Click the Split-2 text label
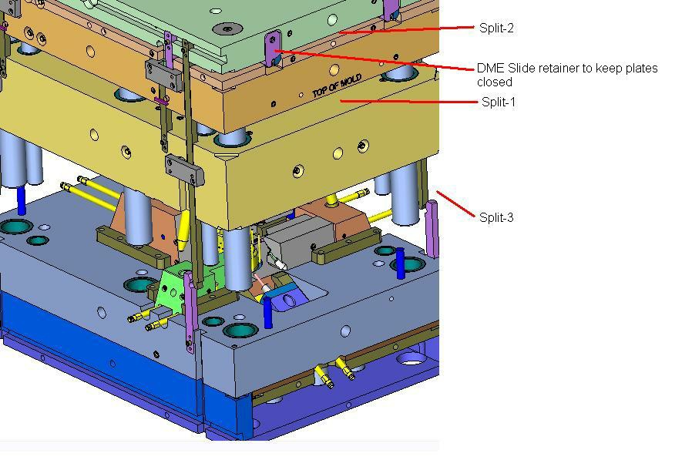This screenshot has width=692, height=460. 495,29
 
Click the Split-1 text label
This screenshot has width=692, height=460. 498,102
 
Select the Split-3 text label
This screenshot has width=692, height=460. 496,217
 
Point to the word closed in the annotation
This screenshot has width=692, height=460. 495,82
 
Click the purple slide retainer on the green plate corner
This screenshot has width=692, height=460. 272,49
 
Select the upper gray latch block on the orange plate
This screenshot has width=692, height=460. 163,74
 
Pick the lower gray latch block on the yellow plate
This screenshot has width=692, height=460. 184,169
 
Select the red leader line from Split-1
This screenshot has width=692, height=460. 408,101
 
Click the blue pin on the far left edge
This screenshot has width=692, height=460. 21,200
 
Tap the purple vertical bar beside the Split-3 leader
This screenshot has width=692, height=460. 433,229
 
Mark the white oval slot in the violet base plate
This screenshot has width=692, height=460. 412,359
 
